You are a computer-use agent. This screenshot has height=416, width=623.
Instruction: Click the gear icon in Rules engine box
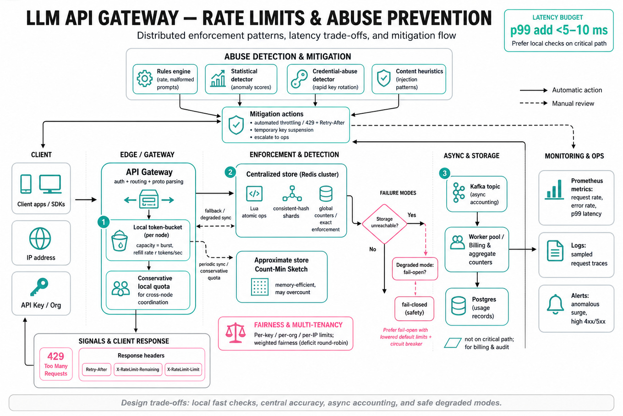145,79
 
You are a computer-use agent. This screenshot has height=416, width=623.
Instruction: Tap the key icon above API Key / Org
39,287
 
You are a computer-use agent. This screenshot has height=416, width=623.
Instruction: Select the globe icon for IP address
40,239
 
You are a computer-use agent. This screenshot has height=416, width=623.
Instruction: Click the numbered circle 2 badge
230,172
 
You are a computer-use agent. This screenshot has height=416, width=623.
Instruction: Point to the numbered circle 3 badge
444,173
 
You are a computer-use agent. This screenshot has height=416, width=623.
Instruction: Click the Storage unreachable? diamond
384,224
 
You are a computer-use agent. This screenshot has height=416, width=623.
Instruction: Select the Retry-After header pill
96,370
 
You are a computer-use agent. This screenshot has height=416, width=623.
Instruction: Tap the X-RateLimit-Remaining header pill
138,370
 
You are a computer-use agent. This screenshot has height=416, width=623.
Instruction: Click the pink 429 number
55,356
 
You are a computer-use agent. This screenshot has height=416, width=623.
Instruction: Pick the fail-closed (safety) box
414,309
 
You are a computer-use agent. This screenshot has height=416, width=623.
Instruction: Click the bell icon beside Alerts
555,305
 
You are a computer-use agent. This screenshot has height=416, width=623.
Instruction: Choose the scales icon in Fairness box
235,333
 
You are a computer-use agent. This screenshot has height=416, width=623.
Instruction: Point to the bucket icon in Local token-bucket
119,241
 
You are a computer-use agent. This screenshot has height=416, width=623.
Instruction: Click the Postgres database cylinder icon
459,306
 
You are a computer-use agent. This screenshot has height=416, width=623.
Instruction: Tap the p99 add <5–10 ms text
559,30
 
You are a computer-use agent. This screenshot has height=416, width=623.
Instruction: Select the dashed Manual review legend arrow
533,103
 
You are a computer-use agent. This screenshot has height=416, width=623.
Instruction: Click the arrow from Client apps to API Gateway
86,200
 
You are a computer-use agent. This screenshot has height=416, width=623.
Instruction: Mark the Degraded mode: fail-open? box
415,269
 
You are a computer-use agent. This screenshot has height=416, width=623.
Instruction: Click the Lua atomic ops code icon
254,194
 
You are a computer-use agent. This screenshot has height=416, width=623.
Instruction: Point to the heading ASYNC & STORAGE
471,155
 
